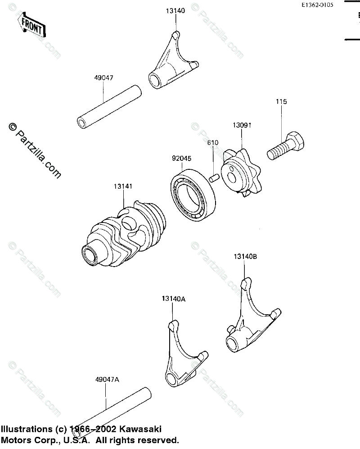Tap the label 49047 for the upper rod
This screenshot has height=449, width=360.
pos(103,78)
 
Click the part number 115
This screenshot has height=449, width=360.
pos(281,102)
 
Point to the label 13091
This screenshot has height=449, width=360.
pos(241,127)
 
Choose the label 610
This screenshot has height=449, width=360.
pos(212,143)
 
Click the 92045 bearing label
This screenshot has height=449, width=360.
pos(181,159)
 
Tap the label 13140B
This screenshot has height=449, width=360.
pos(245,257)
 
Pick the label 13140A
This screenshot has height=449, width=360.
pos(174,299)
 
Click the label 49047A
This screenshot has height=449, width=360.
pos(107,380)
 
